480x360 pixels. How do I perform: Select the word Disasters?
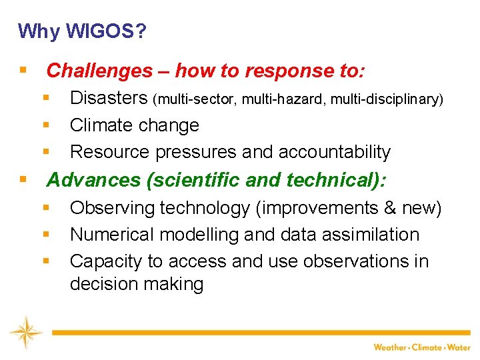109,99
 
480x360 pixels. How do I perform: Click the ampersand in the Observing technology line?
389,208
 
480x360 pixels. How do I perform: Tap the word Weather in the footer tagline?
390,347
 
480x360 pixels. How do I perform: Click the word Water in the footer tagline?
459,347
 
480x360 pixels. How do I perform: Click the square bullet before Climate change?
47,125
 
